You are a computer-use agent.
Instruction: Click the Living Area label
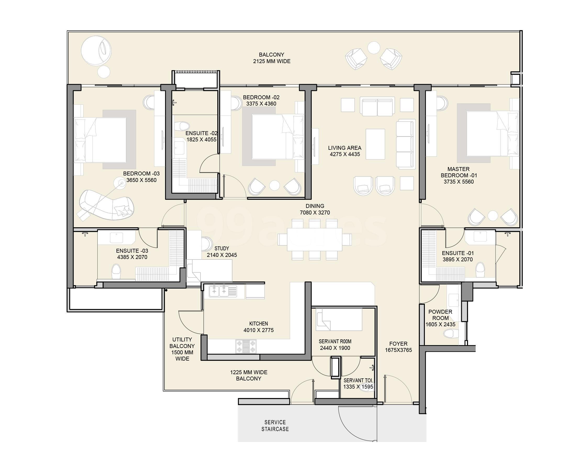click(x=344, y=148)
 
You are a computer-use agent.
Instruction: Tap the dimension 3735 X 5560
click(x=459, y=182)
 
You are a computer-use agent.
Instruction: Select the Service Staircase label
click(x=275, y=426)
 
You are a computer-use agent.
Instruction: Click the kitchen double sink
click(x=219, y=291)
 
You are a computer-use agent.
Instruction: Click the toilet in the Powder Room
click(x=450, y=334)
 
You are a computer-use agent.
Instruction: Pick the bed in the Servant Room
click(x=339, y=319)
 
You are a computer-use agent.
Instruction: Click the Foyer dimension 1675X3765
click(x=398, y=350)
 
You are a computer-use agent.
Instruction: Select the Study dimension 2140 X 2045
click(x=222, y=255)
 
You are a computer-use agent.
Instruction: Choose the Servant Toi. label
click(x=358, y=380)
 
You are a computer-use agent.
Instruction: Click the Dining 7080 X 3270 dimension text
click(x=315, y=213)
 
